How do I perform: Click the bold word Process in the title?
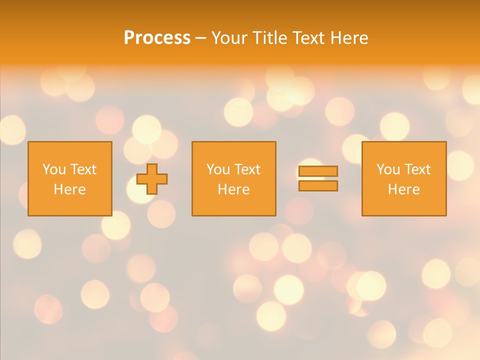pos(157,38)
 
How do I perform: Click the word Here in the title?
pos(350,38)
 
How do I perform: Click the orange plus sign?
pos(152,179)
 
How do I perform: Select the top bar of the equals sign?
pos(318,171)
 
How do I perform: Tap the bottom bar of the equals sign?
pos(318,186)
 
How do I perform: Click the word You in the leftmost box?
pos(54,169)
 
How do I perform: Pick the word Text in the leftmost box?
pos(83,169)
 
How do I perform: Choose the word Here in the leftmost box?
pos(69,189)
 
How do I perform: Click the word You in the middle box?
pos(218,169)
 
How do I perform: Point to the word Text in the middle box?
pos(247,169)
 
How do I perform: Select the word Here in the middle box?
pos(233,189)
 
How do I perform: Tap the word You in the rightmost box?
pos(388,169)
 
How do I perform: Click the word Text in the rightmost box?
pos(417,169)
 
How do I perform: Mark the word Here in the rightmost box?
pos(403,189)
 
